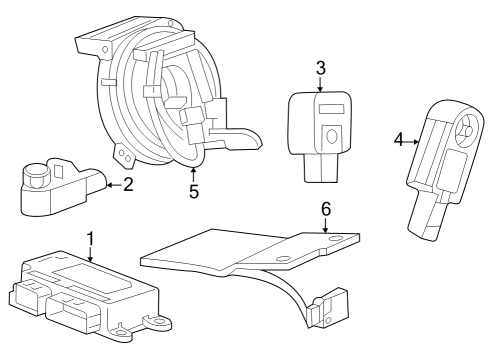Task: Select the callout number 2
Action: pos(127,183)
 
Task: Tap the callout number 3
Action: pos(320,69)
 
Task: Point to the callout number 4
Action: pos(398,141)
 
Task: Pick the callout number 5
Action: pos(194,189)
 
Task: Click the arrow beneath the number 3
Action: pos(320,86)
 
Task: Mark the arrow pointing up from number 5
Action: pos(194,171)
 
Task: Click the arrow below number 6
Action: pos(325,226)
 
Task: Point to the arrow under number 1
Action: pos(90,256)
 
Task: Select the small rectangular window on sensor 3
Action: pos(333,107)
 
